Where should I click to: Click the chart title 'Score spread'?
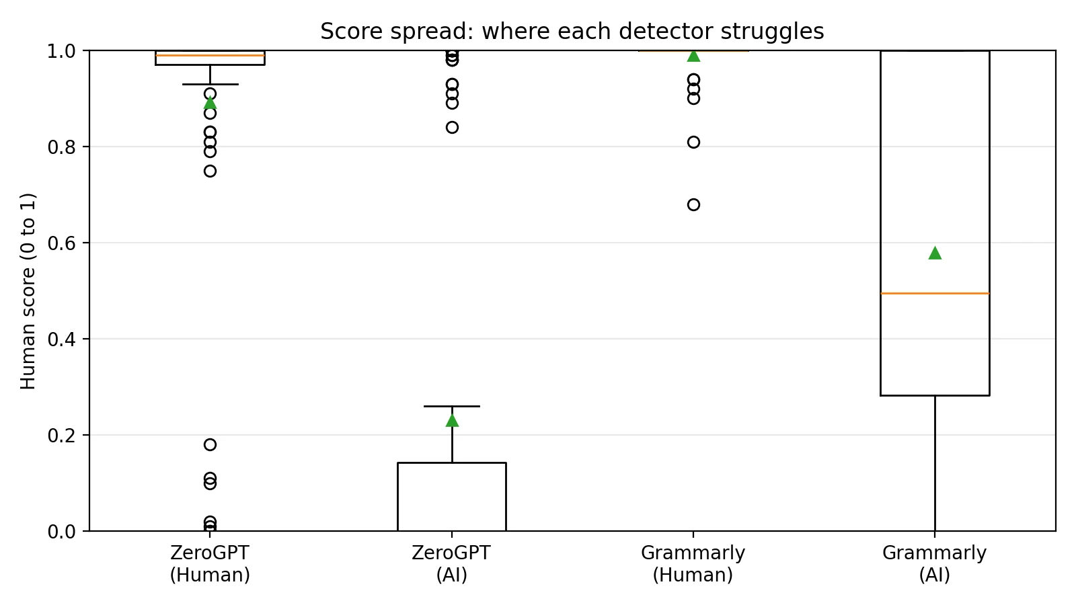[x=572, y=32]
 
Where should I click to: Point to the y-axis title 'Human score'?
[x=28, y=291]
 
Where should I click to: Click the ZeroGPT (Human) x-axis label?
[x=210, y=564]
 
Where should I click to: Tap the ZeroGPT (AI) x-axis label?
[x=451, y=564]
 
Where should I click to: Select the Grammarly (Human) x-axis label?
[x=693, y=564]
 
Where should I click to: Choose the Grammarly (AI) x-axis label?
[x=934, y=564]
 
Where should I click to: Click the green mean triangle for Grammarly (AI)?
[x=935, y=253]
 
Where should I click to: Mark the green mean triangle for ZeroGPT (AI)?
[x=452, y=420]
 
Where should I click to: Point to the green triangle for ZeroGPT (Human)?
[x=210, y=103]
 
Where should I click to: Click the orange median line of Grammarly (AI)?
[x=935, y=293]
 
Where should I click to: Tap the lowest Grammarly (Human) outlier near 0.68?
[x=693, y=204]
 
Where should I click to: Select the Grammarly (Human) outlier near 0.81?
[x=693, y=142]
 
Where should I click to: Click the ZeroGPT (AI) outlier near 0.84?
[x=452, y=127]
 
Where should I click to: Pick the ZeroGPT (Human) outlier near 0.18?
[x=210, y=444]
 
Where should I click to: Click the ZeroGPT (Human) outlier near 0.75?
[x=210, y=171]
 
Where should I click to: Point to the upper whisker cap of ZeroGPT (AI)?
[x=452, y=406]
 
